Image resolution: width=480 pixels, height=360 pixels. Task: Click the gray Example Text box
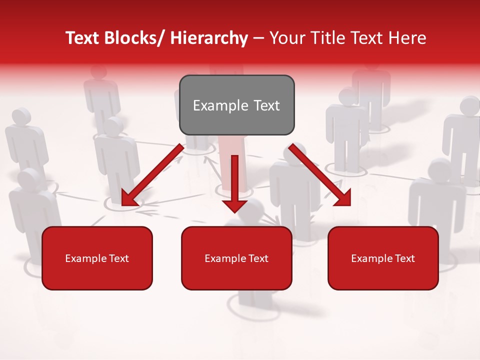pyautogui.click(x=236, y=105)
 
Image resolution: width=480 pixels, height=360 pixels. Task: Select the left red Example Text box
pyautogui.click(x=97, y=258)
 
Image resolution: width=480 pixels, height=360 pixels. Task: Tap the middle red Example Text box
pyautogui.click(x=236, y=258)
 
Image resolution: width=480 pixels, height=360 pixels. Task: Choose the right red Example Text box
pyautogui.click(x=383, y=258)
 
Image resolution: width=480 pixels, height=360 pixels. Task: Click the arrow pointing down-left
pyautogui.click(x=152, y=175)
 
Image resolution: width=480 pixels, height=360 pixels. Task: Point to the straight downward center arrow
pyautogui.click(x=234, y=183)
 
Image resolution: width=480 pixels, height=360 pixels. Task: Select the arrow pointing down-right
pyautogui.click(x=320, y=174)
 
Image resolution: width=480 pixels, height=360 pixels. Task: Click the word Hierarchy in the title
pyautogui.click(x=209, y=38)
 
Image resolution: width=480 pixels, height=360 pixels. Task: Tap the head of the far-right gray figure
pyautogui.click(x=470, y=105)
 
